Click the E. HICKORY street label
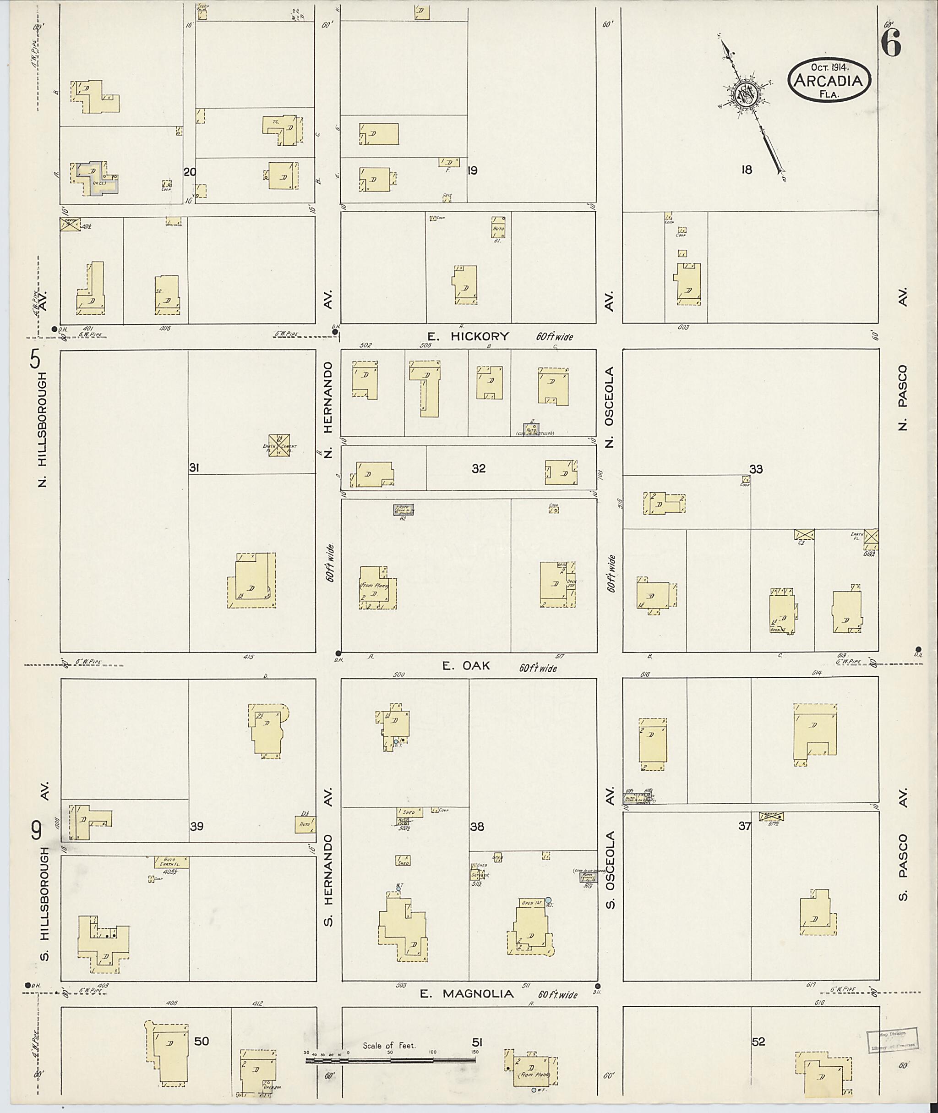[x=468, y=336]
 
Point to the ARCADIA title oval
[x=829, y=80]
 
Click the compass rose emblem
[x=746, y=96]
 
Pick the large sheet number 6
[x=891, y=42]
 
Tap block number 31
[x=194, y=468]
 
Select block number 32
[x=478, y=468]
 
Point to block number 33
[x=756, y=469]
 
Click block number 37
[x=744, y=826]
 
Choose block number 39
[x=197, y=826]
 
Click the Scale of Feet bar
[x=390, y=1060]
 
